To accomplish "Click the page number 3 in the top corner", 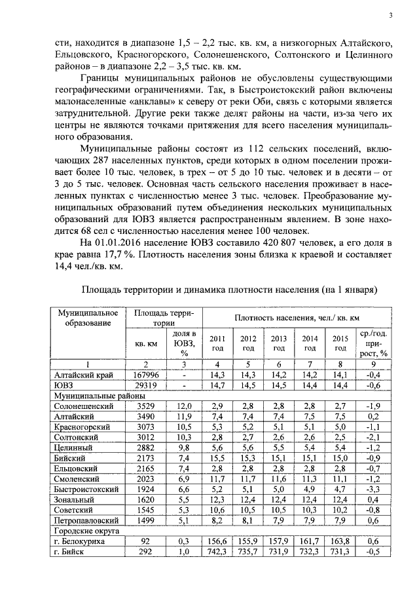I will [x=390, y=16].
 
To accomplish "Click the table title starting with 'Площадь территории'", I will [x=229, y=289].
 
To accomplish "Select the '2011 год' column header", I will [x=217, y=343].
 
